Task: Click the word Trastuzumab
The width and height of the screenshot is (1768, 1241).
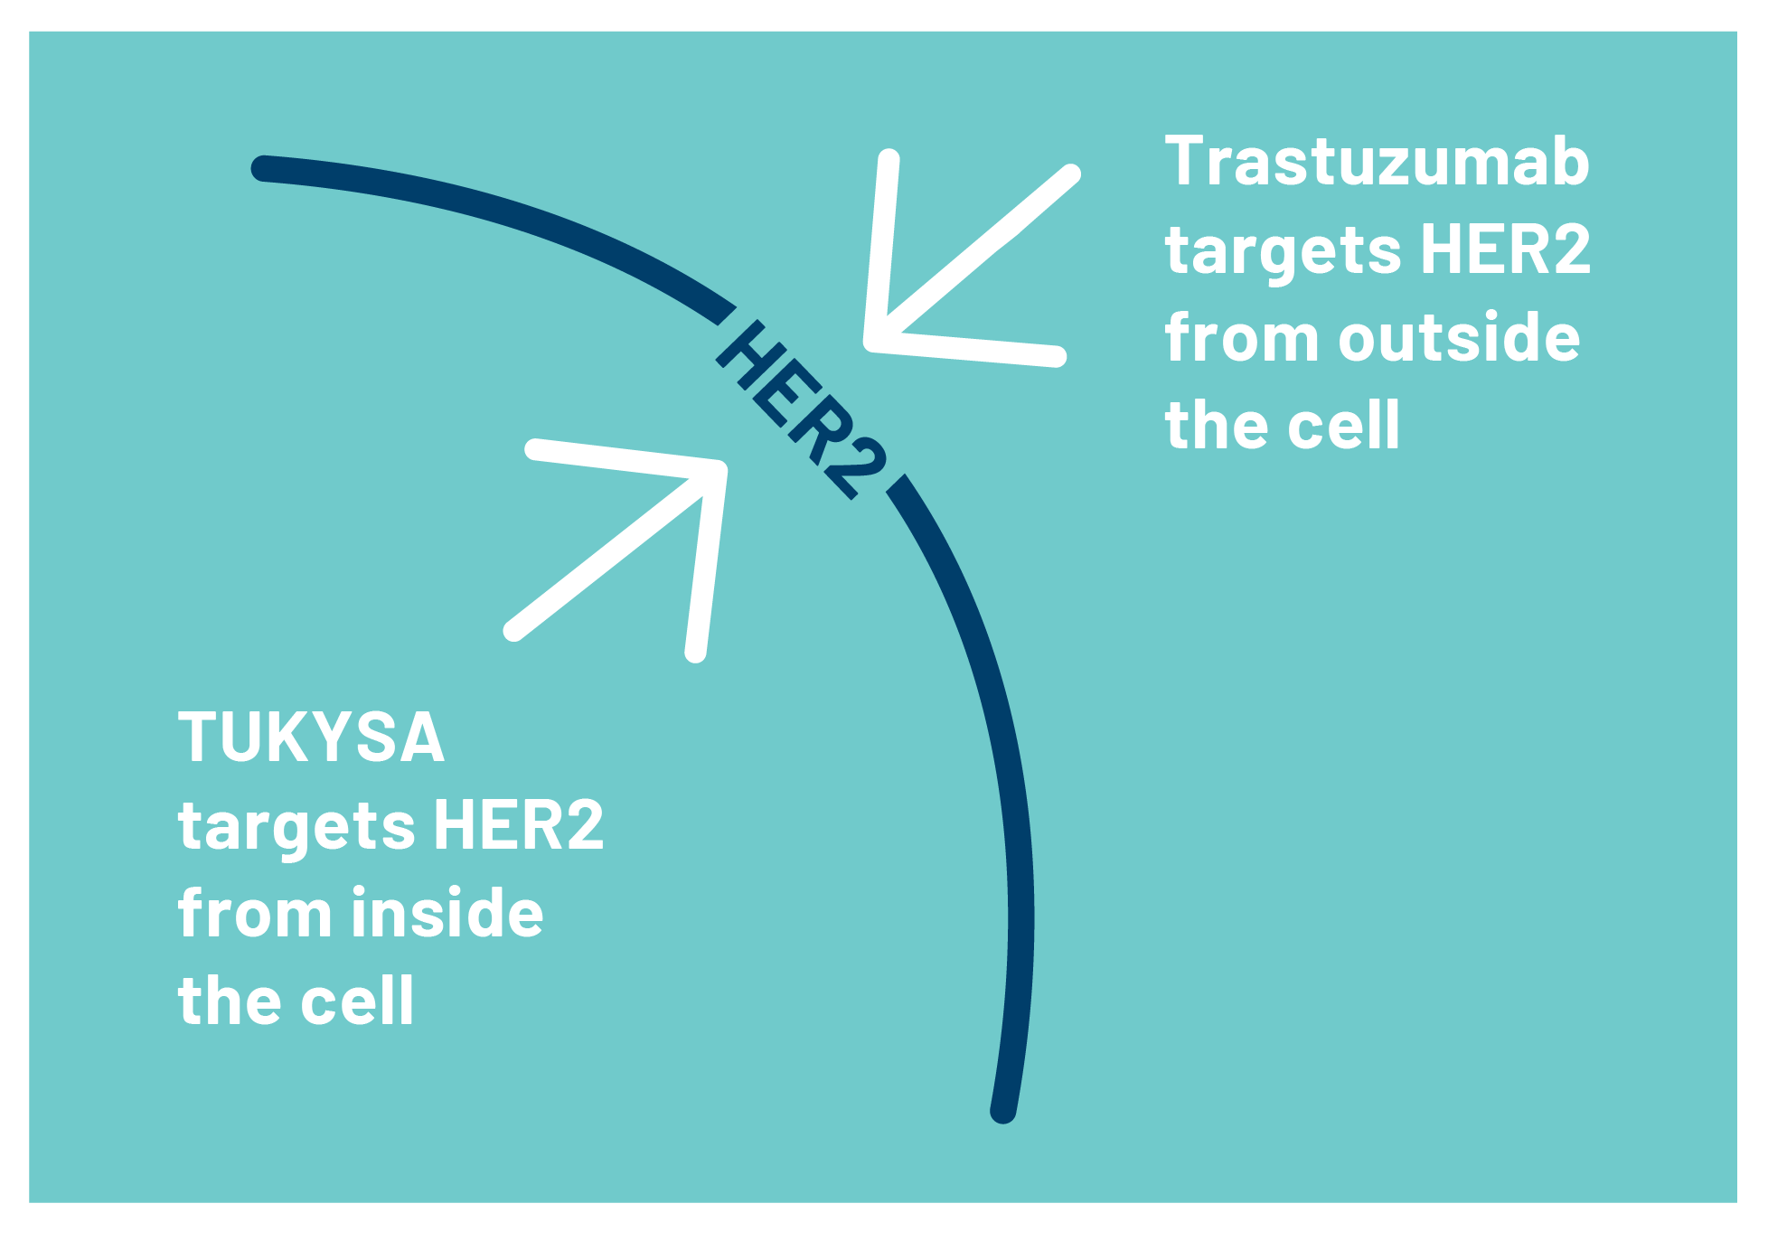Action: click(1377, 161)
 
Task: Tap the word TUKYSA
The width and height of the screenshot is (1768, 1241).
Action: click(311, 737)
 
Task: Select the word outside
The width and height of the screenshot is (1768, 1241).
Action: click(1459, 337)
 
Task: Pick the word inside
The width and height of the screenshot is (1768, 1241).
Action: click(447, 913)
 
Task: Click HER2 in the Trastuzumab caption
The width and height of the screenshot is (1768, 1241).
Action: click(1505, 249)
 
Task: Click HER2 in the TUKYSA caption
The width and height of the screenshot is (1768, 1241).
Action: click(518, 824)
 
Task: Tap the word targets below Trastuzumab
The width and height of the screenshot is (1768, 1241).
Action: click(1283, 254)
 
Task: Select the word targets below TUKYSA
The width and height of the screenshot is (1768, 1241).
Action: click(296, 830)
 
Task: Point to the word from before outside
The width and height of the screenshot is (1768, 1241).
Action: click(1242, 337)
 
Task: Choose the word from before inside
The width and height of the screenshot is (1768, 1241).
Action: click(256, 913)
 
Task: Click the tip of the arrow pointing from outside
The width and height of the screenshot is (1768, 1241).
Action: click(872, 342)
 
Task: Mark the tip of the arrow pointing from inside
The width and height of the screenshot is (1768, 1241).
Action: click(719, 468)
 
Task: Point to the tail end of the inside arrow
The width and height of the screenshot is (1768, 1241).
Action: click(513, 630)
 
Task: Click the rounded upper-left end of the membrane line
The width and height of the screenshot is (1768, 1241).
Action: click(262, 168)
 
